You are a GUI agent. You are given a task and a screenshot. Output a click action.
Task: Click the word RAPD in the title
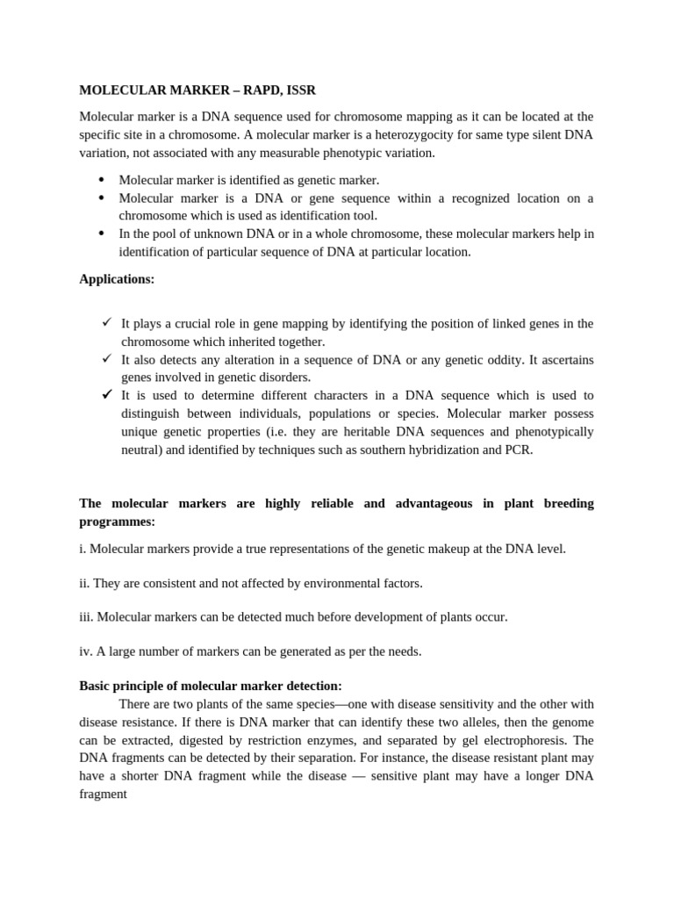click(x=264, y=90)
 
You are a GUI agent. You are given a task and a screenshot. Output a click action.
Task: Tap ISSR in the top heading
click(x=302, y=90)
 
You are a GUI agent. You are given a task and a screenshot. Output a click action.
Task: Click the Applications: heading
click(x=117, y=279)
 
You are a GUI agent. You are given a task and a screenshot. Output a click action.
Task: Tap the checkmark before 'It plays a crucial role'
click(x=106, y=322)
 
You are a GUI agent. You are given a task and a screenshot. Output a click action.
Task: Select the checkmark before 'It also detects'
click(x=106, y=358)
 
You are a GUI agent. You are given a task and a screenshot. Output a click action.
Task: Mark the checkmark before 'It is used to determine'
click(x=106, y=394)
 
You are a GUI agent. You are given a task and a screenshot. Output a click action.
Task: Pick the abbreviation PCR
click(x=517, y=450)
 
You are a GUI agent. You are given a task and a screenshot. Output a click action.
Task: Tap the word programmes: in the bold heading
click(x=117, y=521)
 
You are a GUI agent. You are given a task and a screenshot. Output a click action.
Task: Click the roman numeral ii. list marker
click(x=84, y=583)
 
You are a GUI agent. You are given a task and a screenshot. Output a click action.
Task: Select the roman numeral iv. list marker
click(x=85, y=651)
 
